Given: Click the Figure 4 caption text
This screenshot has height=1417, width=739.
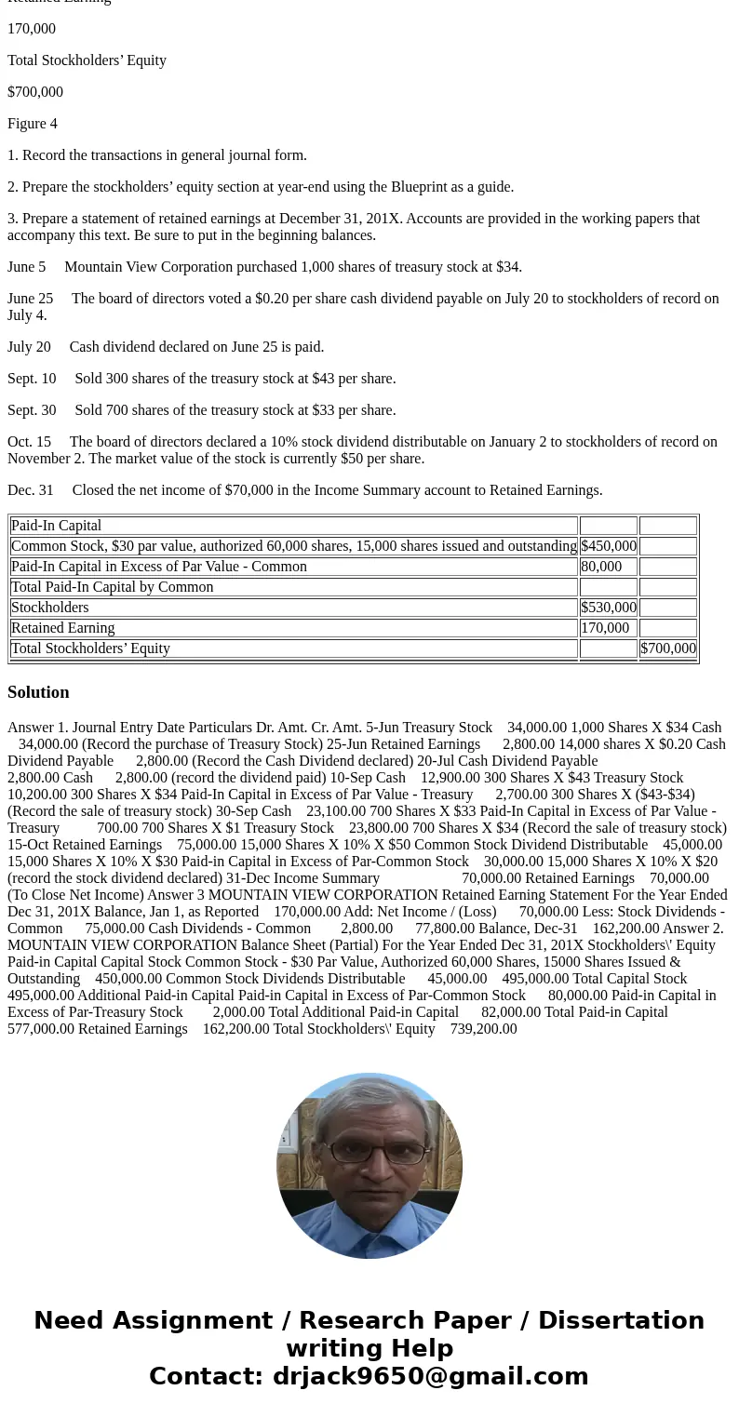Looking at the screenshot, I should tap(33, 124).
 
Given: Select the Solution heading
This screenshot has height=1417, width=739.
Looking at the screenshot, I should tap(38, 692).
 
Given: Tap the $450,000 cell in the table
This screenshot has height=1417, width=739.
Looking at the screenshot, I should tap(608, 546).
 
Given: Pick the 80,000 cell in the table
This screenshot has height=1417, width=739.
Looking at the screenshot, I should tap(601, 567).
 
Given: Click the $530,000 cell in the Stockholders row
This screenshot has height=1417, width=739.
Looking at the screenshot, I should tap(608, 608).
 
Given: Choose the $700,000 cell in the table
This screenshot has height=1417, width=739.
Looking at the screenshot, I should tap(667, 648).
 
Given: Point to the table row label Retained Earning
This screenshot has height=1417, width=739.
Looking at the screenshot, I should tap(63, 628).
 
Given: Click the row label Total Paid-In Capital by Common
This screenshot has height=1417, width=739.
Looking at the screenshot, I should tap(113, 587).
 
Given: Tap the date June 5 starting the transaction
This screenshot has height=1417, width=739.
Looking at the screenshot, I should tap(26, 267).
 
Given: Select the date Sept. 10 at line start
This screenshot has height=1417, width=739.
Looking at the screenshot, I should tap(32, 379).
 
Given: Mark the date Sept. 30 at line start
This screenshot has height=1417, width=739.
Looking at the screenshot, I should tap(32, 410).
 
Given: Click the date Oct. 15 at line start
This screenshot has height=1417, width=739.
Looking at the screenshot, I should tap(29, 442).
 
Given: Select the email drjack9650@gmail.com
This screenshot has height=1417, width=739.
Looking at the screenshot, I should tap(430, 1376).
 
